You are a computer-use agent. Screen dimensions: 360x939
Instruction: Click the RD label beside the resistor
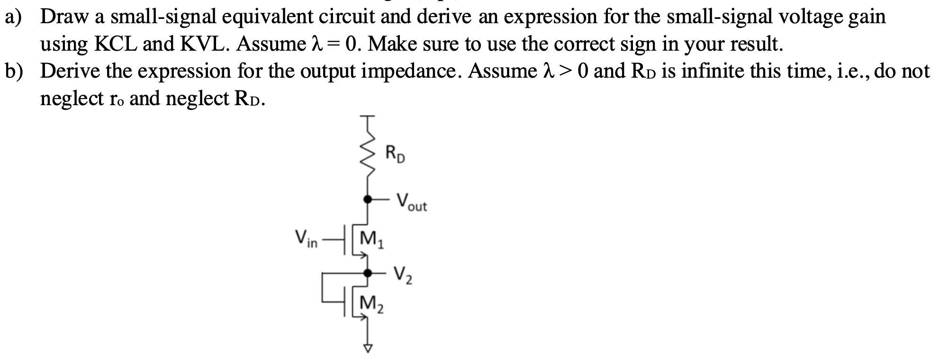[x=395, y=154]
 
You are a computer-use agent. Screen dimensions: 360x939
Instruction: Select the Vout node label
[x=411, y=202]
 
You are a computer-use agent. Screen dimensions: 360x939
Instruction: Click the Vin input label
[x=306, y=238]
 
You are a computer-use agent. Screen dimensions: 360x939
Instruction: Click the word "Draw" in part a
[x=66, y=17]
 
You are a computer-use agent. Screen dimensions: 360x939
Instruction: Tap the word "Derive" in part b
[x=70, y=72]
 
